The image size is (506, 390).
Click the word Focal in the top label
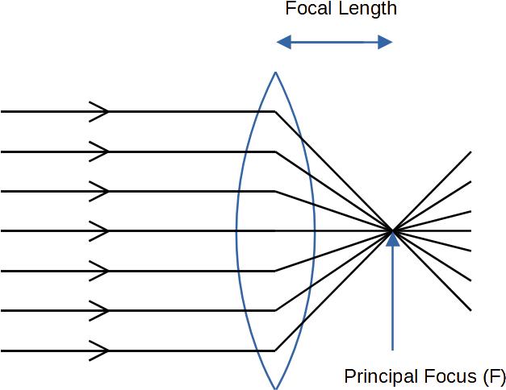click(307, 10)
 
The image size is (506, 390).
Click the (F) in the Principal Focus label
click(491, 376)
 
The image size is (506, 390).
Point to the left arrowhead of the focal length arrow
click(282, 41)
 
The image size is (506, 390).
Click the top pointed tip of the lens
click(276, 73)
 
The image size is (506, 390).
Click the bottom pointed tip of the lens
click(276, 388)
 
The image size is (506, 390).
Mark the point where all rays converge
click(393, 231)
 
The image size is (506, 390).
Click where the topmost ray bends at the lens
click(275, 112)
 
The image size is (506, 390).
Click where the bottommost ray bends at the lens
click(275, 351)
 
